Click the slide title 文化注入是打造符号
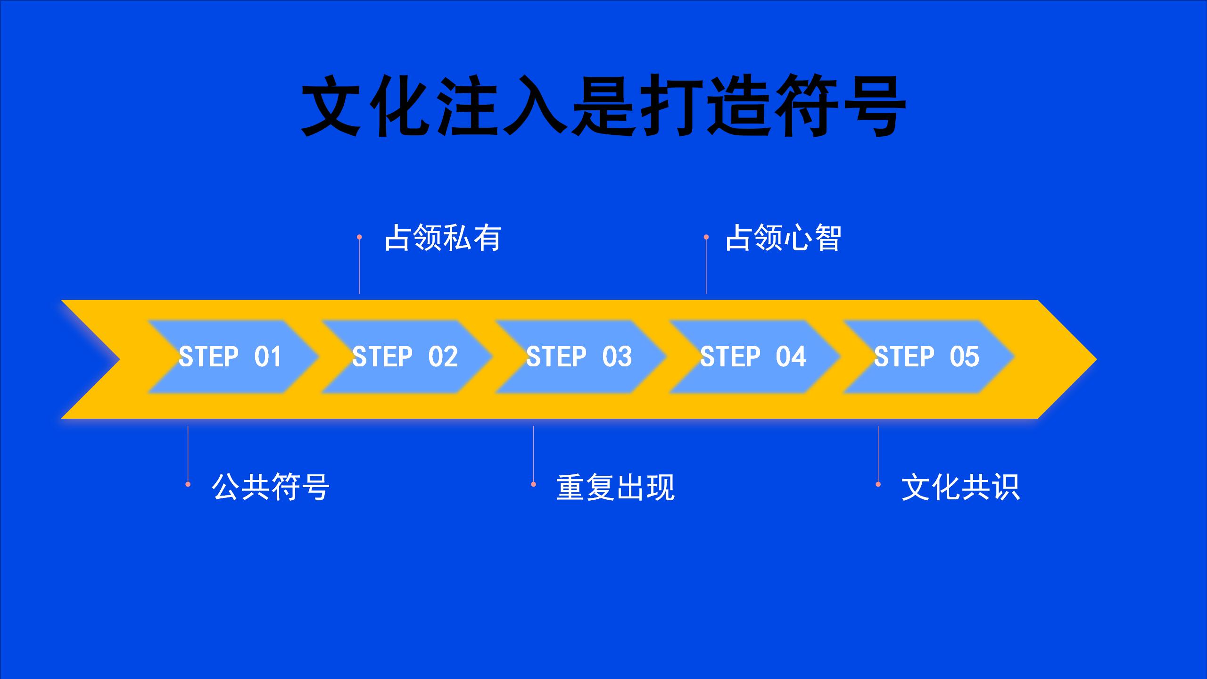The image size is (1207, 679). click(x=603, y=107)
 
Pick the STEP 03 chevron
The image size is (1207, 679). click(x=580, y=356)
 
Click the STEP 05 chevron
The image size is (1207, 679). click(x=928, y=356)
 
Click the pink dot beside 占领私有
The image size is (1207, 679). click(x=359, y=237)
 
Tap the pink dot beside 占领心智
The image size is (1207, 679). click(x=706, y=237)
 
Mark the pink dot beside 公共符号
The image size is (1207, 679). click(x=188, y=484)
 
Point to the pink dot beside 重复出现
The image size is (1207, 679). click(x=533, y=484)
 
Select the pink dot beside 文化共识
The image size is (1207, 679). click(x=878, y=484)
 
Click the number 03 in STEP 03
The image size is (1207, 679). click(x=617, y=356)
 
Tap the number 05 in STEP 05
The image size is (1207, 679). click(x=965, y=356)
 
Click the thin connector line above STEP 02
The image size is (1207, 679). click(x=359, y=267)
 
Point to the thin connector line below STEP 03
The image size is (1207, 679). click(x=533, y=454)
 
